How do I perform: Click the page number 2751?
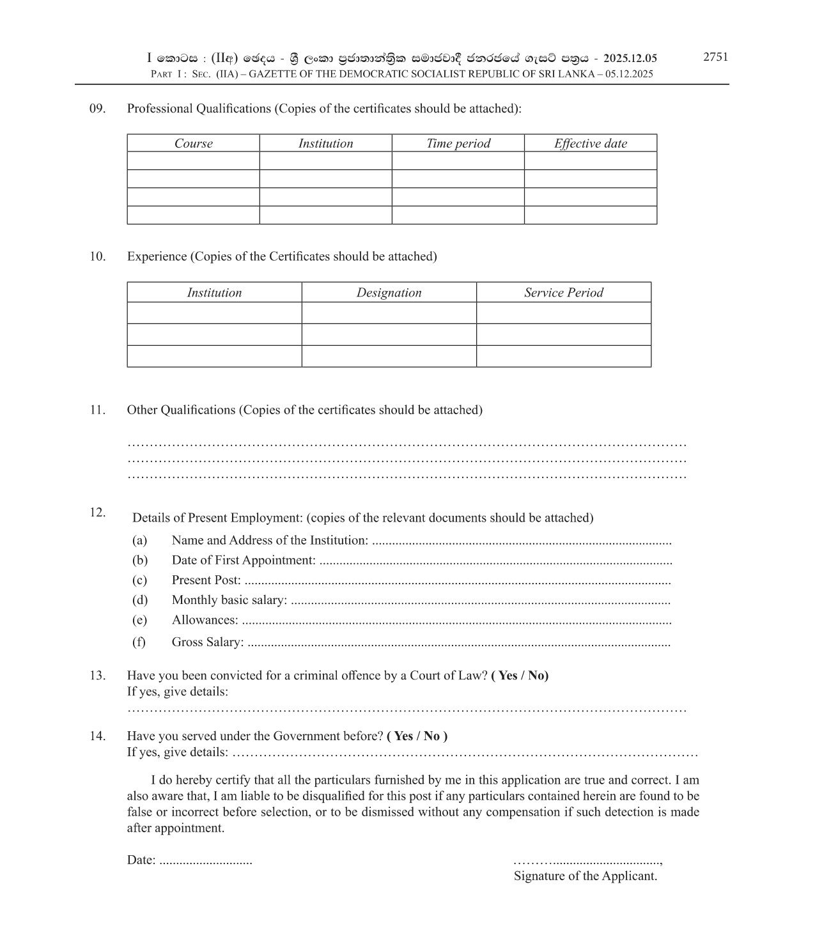pos(715,57)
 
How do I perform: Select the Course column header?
pos(193,144)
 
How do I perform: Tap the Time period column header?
pos(458,144)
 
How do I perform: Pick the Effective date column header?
pos(591,144)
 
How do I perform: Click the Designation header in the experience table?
pos(389,293)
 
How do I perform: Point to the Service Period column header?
pos(564,293)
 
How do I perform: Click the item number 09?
pos(97,109)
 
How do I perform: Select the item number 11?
pos(97,410)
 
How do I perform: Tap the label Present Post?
pos(206,580)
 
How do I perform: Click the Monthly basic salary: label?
pos(229,600)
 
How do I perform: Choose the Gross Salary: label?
pos(207,642)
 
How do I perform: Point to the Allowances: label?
pos(205,620)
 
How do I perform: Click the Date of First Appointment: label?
pos(243,561)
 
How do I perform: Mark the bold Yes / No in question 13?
pos(520,676)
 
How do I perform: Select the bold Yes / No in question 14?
pos(417,736)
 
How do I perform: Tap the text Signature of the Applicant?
pos(585,876)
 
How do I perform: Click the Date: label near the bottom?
pos(141,860)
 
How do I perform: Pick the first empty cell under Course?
pos(193,161)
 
